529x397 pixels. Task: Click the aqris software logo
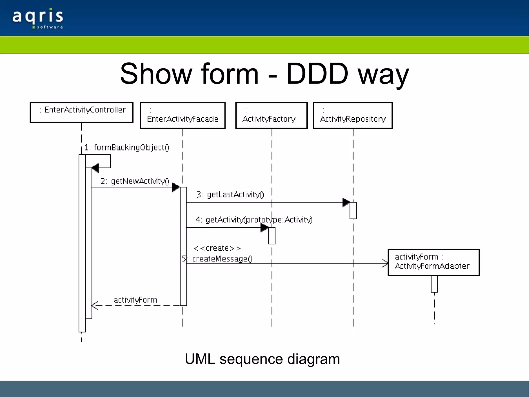(38, 19)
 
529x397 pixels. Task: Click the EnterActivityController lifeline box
(82, 113)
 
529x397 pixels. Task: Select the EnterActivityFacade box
(183, 115)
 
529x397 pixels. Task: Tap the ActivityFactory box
(271, 115)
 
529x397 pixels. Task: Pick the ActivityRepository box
(353, 115)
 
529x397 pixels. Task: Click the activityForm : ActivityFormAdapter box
(433, 262)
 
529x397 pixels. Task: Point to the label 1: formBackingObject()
(127, 147)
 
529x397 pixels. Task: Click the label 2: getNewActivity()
(135, 181)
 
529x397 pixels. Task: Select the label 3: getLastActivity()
(230, 194)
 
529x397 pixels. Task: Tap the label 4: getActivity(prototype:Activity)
(254, 220)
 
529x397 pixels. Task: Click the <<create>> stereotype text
(217, 249)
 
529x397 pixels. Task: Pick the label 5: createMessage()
(217, 259)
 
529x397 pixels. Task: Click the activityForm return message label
(135, 300)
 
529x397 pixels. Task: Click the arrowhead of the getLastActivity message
(346, 203)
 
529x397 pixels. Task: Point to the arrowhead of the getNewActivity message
(176, 187)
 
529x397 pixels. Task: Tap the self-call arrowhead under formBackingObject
(95, 168)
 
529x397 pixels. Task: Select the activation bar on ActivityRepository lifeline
(353, 211)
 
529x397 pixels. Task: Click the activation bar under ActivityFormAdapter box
(434, 284)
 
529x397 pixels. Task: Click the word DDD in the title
(317, 74)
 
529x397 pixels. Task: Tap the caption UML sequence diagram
(262, 359)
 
